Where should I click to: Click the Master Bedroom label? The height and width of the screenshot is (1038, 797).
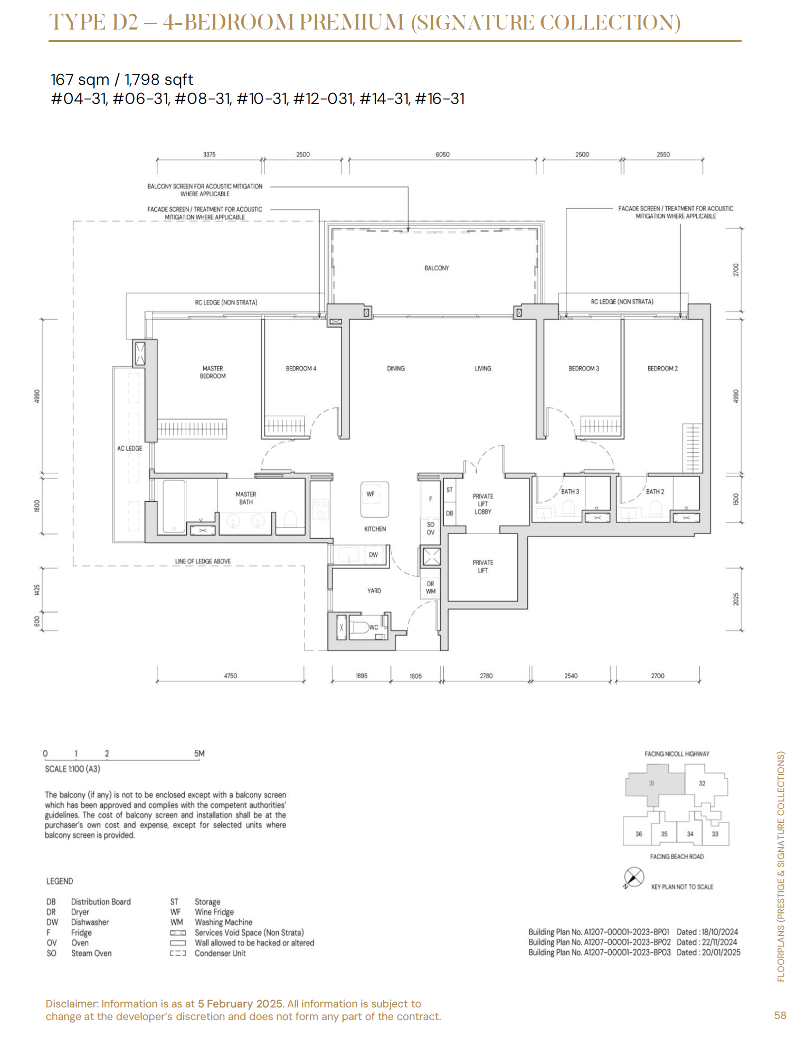point(213,373)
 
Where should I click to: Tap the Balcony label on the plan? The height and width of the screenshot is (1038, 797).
point(437,268)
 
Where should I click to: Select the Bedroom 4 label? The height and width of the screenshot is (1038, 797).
point(301,368)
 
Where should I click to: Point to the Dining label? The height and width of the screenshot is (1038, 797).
point(396,368)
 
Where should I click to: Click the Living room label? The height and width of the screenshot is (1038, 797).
point(483,368)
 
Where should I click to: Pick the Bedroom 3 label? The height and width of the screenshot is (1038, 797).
point(584,368)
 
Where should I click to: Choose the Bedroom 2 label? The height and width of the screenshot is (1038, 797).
point(662,368)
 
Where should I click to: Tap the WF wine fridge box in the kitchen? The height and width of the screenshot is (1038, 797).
point(375,499)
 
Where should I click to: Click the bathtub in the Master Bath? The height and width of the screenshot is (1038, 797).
point(174,506)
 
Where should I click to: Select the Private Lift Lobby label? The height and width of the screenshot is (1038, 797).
point(483,504)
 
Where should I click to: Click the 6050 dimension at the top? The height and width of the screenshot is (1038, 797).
point(442,155)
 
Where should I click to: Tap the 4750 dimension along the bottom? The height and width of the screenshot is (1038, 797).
point(231,675)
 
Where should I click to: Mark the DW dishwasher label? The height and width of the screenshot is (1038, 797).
point(373,555)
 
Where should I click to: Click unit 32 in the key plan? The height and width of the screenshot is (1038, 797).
point(702,783)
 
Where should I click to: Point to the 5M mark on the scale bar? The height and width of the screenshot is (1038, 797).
point(199,754)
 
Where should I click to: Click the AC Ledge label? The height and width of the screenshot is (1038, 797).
point(130,448)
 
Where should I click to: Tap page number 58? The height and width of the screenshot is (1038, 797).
point(780,1015)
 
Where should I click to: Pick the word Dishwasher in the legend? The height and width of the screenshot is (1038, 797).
point(90,922)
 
